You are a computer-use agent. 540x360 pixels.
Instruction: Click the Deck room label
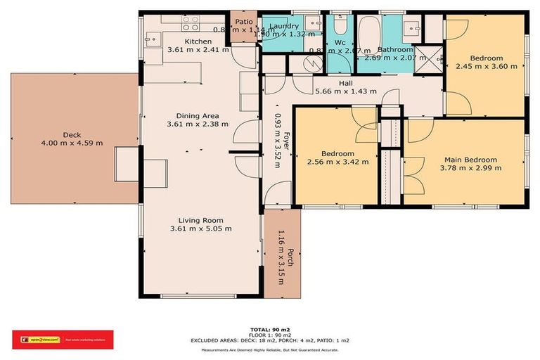[72, 134]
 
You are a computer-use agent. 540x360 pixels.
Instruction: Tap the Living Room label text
[200, 219]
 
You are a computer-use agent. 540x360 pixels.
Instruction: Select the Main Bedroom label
[470, 160]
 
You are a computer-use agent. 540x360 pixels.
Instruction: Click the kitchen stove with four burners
[191, 23]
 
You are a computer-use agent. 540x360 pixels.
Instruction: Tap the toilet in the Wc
[340, 27]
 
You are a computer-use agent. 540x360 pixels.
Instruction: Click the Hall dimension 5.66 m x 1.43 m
[346, 91]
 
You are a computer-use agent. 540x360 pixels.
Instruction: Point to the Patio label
[243, 22]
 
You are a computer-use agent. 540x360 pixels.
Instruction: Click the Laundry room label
[284, 26]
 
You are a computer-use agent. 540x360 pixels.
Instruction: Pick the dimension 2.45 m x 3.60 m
[486, 67]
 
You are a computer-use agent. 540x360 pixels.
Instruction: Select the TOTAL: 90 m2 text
[269, 329]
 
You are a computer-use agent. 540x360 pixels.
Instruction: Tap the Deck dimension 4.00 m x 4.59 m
[72, 143]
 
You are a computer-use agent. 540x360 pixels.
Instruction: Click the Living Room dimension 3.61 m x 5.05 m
[200, 229]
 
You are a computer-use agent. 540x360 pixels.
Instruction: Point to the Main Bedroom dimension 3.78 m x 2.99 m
[470, 168]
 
